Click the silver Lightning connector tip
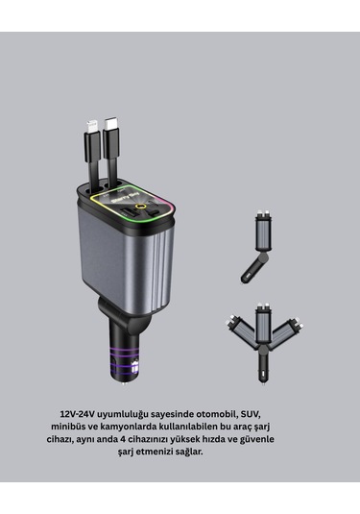click(91, 127)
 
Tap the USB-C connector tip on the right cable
click(111, 123)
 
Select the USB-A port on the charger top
click(130, 212)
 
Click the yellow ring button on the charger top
click(141, 207)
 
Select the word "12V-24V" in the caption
click(78, 414)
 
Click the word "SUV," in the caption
click(251, 414)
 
